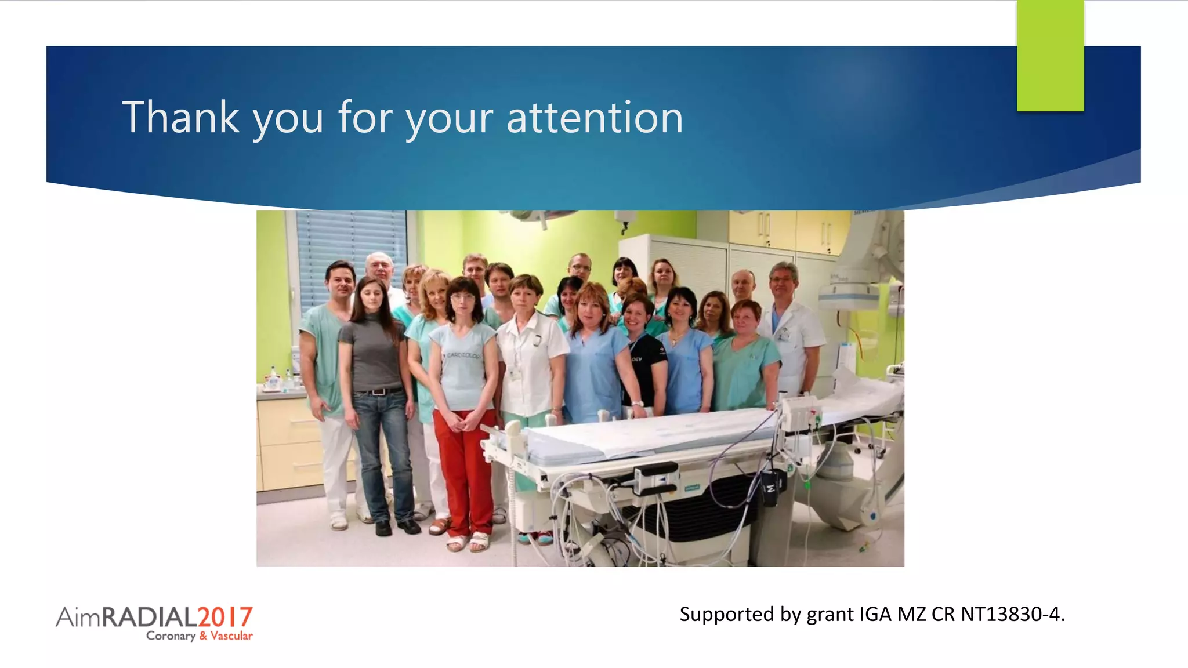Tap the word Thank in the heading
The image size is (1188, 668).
tap(180, 118)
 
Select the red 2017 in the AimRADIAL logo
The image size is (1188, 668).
tap(224, 617)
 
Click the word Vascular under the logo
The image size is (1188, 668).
tap(231, 636)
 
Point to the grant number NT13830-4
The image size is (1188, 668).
tap(1012, 614)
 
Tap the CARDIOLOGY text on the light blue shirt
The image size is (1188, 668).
tap(464, 355)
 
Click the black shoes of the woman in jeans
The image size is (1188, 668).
tap(396, 527)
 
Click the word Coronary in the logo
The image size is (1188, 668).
tap(171, 636)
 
